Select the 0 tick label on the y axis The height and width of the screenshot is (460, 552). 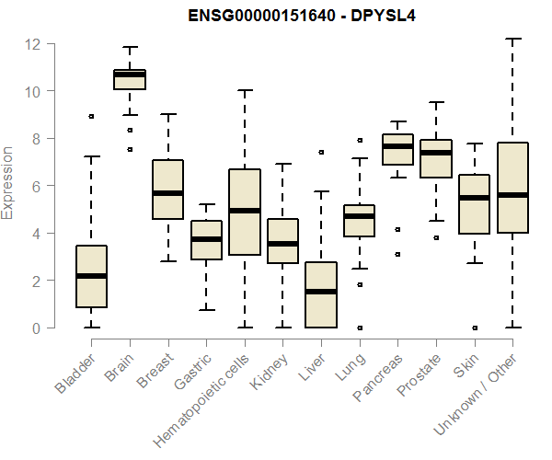tap(37, 328)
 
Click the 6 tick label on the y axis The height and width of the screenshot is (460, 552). tap(37, 187)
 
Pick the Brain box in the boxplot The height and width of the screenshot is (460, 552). tap(129, 79)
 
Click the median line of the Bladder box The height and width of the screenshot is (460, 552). tap(91, 276)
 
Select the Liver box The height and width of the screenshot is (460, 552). tap(320, 294)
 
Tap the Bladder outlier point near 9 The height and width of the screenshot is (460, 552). tap(91, 116)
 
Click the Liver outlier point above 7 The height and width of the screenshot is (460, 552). tap(320, 152)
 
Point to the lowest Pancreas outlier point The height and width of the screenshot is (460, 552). tap(397, 254)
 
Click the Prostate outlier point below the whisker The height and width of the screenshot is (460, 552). tap(435, 237)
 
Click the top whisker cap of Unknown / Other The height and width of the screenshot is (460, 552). tap(512, 40)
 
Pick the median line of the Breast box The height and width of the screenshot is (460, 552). tap(167, 193)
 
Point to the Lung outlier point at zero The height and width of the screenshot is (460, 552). tap(359, 328)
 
